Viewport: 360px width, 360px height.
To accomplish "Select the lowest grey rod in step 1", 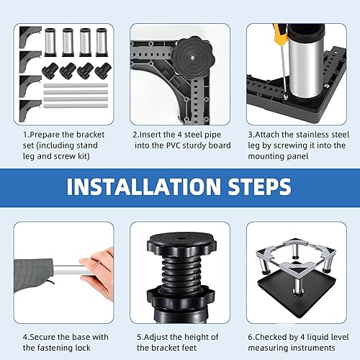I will (x=76, y=106).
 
